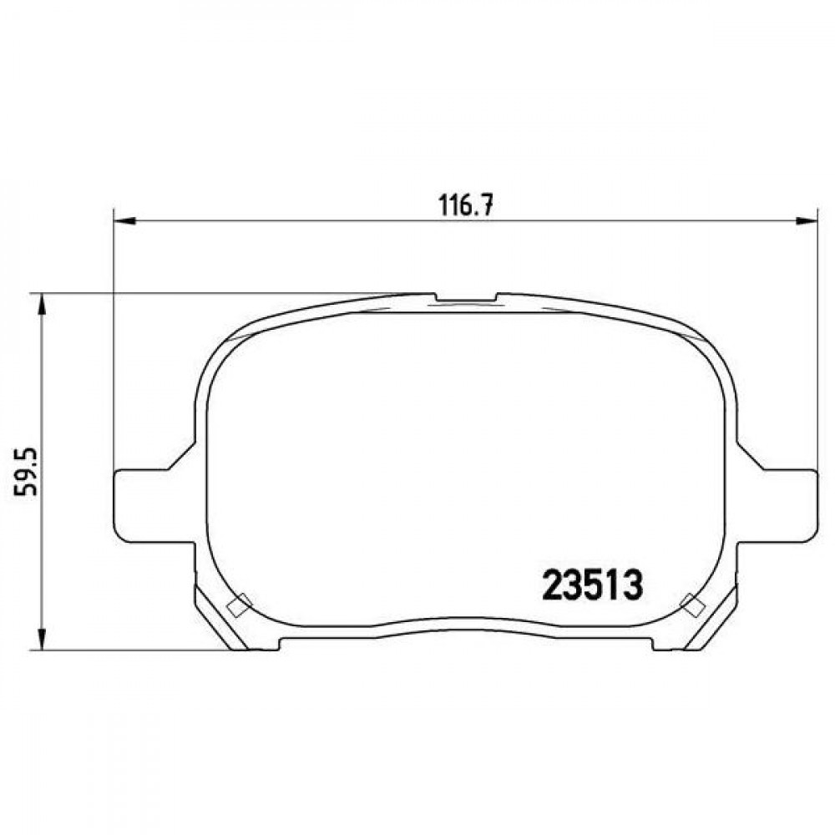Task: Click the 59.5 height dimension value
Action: pyautogui.click(x=26, y=472)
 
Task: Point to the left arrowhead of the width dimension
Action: pyautogui.click(x=126, y=220)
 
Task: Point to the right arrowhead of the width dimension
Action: pyautogui.click(x=806, y=220)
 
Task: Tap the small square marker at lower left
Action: pyautogui.click(x=239, y=605)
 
